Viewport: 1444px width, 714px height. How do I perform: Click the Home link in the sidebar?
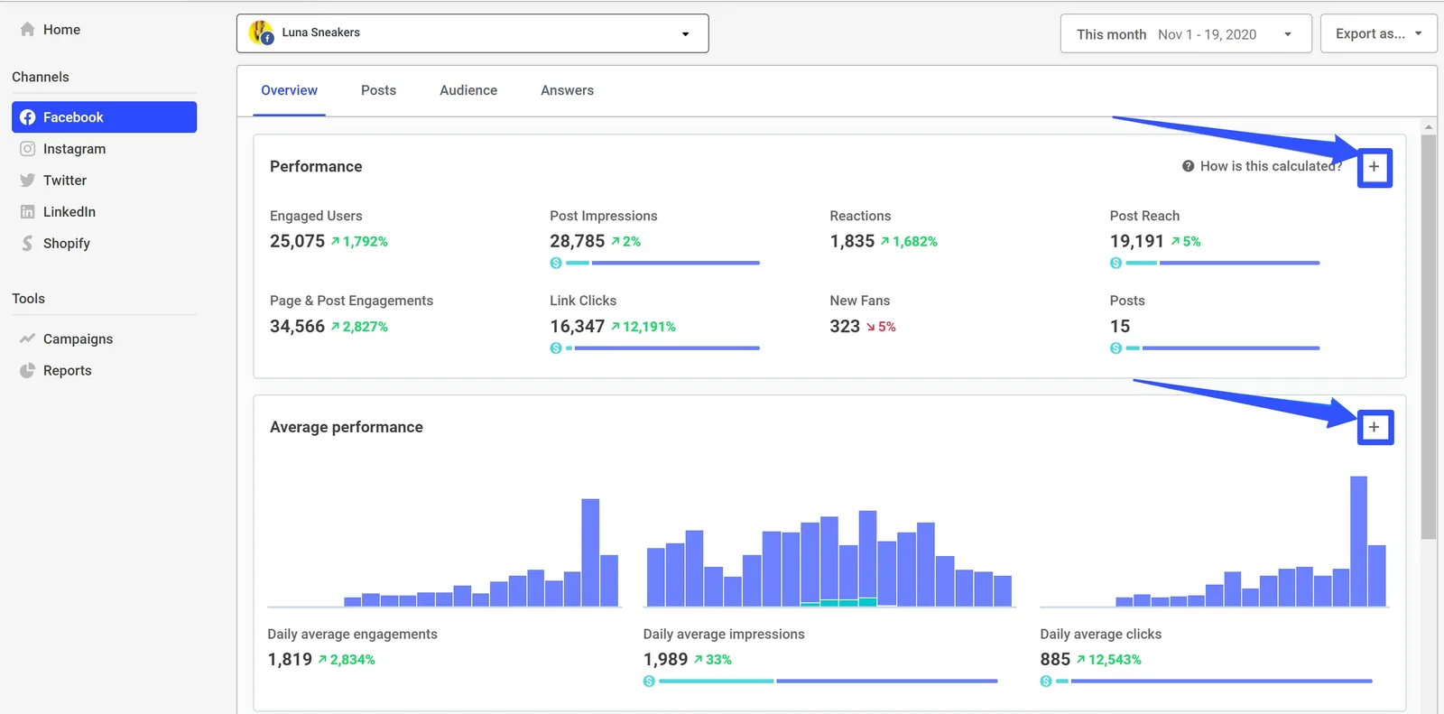[60, 30]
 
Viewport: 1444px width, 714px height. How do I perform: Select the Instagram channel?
[74, 149]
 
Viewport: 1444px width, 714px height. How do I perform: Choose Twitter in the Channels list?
[64, 181]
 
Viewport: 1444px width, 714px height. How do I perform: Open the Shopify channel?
[66, 244]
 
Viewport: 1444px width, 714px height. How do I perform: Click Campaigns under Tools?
[78, 339]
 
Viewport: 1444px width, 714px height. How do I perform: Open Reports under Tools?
[67, 371]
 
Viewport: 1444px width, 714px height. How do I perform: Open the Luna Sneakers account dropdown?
[472, 33]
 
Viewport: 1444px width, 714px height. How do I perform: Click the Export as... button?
[1377, 33]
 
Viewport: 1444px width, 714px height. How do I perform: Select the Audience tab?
[468, 90]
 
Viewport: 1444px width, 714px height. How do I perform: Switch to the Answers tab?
[567, 90]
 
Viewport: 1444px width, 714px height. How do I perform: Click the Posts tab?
[378, 90]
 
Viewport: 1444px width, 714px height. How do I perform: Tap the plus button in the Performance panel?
[1375, 167]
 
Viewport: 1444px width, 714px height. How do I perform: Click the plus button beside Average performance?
[1375, 427]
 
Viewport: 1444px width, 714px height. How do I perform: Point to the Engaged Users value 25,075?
[297, 241]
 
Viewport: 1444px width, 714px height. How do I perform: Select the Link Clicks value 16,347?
[577, 326]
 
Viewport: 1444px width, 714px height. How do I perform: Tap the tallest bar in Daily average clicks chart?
[1358, 541]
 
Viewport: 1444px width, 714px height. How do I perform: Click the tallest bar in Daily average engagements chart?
[590, 552]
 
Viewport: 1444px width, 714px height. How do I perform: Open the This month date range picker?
[1185, 34]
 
